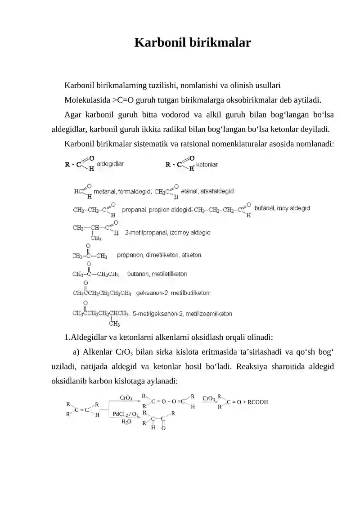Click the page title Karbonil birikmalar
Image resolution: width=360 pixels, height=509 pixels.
(193, 43)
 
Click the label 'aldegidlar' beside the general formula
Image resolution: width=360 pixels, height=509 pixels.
(111, 165)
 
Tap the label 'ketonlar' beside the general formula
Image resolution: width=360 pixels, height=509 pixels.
(207, 165)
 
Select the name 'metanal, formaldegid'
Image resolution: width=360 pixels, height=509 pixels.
(122, 192)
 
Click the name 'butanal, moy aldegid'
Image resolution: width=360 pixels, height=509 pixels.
(282, 208)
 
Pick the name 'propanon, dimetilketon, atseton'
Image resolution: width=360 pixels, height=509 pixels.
(159, 255)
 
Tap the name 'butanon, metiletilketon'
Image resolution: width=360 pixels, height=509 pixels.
(157, 274)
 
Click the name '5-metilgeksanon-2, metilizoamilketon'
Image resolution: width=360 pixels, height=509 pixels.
(182, 314)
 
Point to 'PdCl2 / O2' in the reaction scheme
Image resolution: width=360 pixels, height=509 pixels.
(126, 414)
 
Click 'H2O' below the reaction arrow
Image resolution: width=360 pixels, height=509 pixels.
(126, 422)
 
